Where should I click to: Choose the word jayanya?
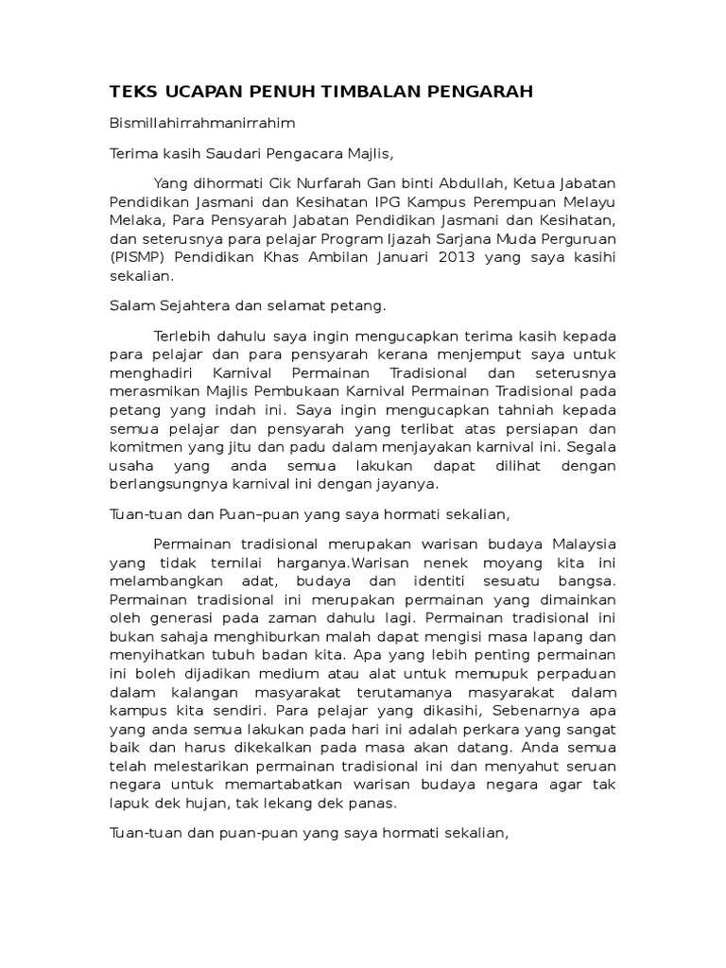tap(408, 484)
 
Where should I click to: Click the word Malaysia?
tap(578, 544)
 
